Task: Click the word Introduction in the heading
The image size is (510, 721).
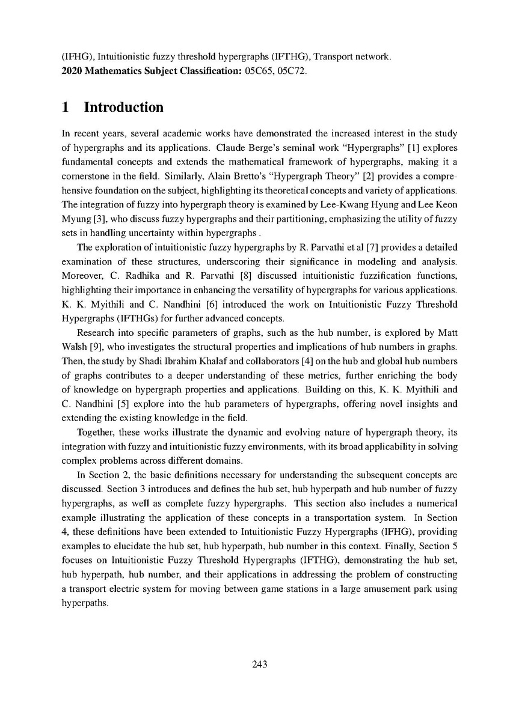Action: pyautogui.click(x=123, y=108)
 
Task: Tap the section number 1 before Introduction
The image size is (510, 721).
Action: pyautogui.click(x=66, y=108)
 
